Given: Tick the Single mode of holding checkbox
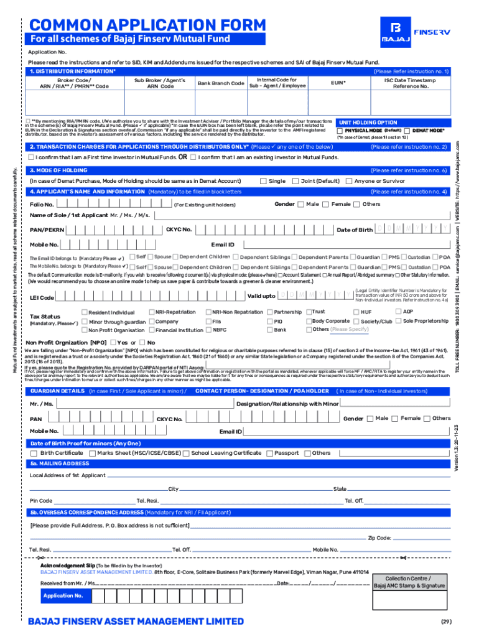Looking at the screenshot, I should [263, 181].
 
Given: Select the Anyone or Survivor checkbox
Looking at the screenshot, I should [349, 181].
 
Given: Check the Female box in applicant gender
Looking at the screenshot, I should [326, 204].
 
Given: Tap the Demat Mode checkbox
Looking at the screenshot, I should [407, 131].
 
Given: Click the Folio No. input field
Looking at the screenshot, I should [112, 205].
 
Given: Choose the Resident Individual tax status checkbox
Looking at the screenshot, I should [84, 312].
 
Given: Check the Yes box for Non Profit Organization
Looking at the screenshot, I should [113, 342].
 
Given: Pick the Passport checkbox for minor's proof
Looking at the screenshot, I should [269, 453].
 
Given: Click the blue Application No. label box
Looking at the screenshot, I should [63, 596].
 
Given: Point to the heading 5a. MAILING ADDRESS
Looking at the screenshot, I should [60, 463].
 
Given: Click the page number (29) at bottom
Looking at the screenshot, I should [446, 621].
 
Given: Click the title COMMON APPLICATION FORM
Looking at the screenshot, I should [147, 26].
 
